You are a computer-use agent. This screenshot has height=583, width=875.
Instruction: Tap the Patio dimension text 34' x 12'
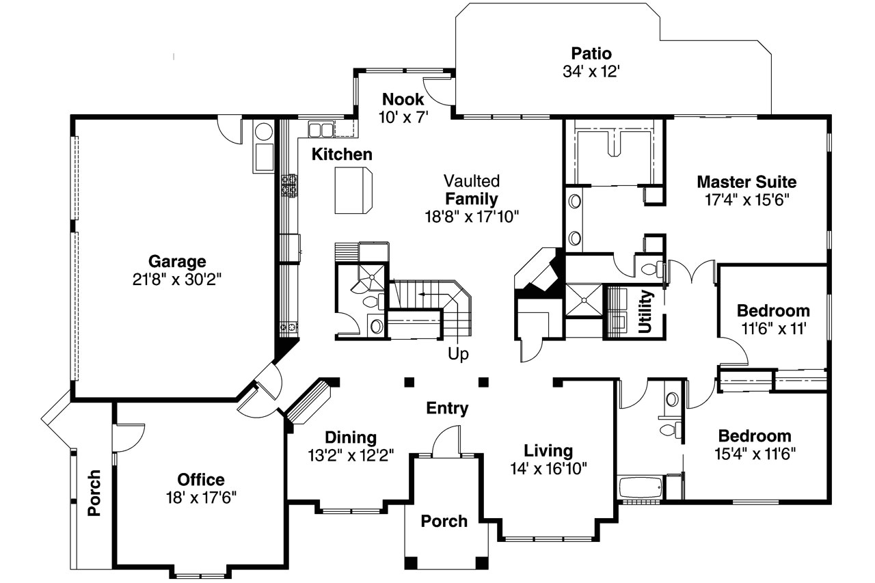(591, 71)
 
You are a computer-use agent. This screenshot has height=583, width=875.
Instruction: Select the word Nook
(403, 99)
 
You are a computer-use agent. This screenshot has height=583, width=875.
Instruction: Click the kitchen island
(353, 191)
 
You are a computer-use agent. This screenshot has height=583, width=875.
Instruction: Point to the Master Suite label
(746, 182)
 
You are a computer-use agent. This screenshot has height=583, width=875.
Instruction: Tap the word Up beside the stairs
(457, 354)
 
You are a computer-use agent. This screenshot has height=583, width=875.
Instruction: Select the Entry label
(447, 409)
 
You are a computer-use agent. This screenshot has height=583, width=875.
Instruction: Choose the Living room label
(548, 451)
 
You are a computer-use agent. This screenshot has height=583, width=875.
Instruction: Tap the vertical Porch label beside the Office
(94, 493)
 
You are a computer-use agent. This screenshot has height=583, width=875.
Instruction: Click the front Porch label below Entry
(444, 521)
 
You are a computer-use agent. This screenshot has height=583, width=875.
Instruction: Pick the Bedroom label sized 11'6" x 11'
(773, 311)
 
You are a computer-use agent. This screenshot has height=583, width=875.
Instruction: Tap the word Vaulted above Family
(472, 181)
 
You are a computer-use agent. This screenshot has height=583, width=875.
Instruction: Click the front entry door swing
(448, 441)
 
